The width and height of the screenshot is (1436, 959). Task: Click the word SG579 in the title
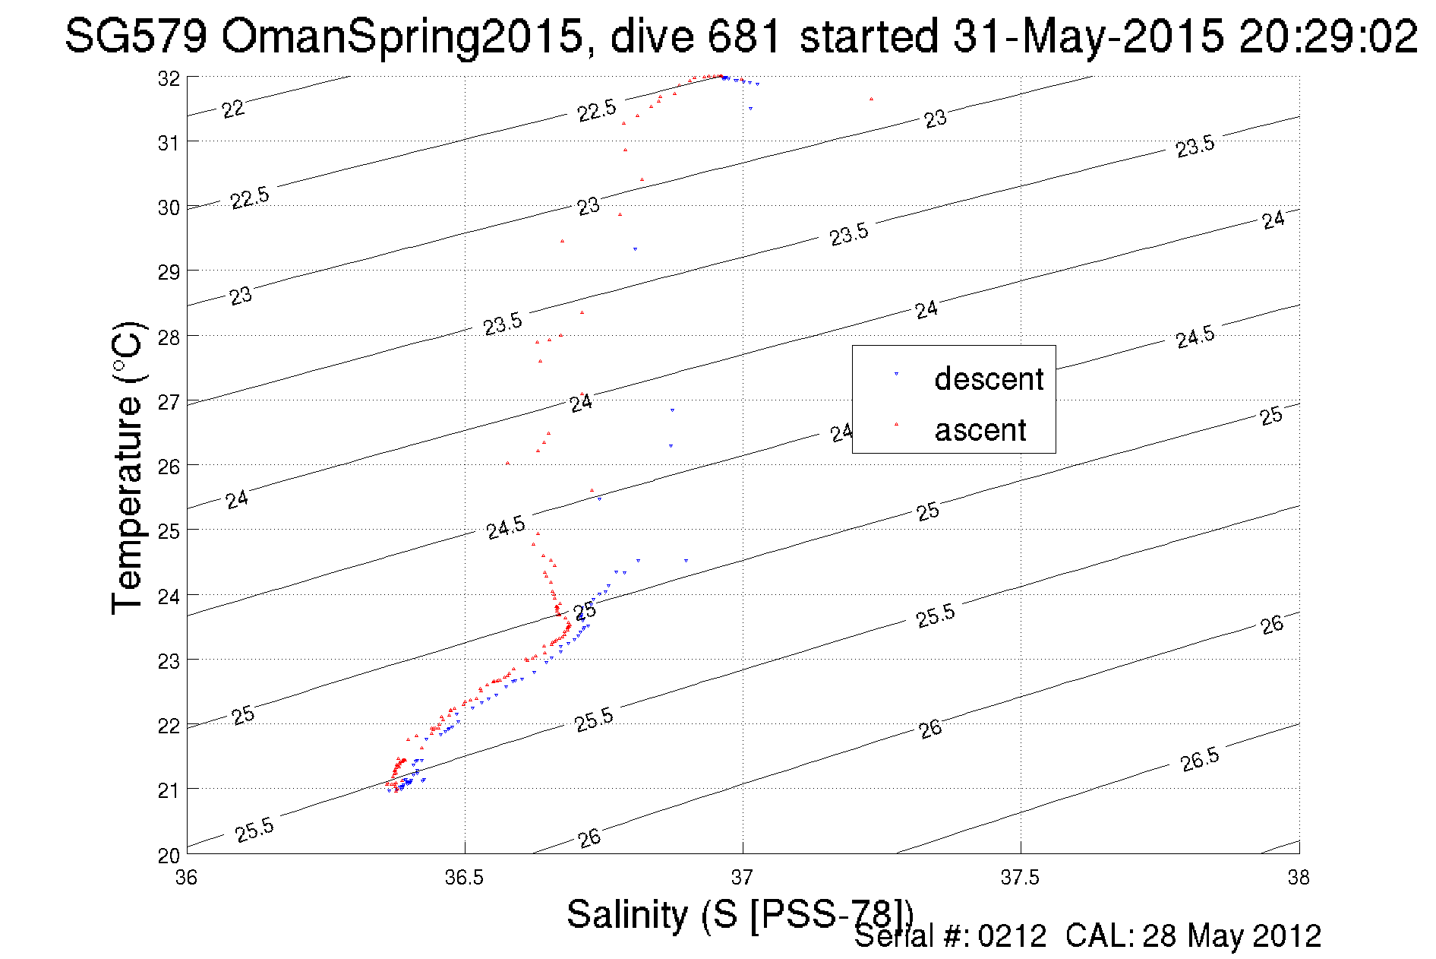[136, 36]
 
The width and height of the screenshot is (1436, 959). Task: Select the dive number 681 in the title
[743, 36]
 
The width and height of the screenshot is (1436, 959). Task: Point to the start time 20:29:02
[1328, 36]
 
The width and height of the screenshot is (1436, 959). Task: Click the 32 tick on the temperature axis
[169, 78]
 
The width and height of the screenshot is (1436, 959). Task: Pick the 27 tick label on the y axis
[169, 402]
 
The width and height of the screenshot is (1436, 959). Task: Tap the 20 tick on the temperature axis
[169, 856]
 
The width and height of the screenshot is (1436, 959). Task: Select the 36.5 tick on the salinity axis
[464, 878]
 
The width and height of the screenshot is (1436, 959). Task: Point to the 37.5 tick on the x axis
[1020, 878]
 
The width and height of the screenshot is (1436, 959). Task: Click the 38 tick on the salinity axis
[1299, 878]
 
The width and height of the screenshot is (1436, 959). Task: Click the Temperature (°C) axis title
[127, 467]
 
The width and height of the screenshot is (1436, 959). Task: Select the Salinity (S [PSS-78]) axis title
[740, 914]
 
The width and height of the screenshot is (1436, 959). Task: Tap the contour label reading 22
[233, 109]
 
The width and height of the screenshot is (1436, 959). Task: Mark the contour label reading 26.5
[1200, 759]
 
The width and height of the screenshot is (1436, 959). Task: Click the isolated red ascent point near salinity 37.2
[871, 99]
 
